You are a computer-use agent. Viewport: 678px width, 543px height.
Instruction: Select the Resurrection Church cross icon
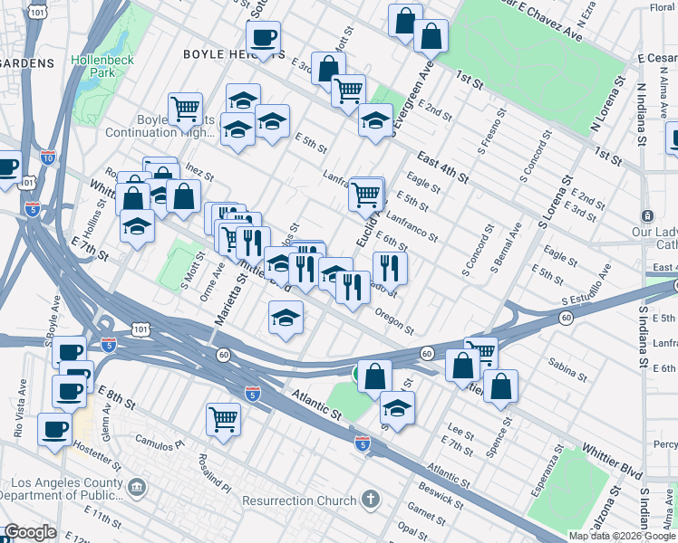(370, 500)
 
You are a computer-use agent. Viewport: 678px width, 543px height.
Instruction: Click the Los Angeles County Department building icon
(136, 488)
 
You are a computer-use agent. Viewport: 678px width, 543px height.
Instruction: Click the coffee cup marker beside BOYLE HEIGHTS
(263, 38)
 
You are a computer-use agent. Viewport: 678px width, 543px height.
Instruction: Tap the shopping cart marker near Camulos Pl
(223, 418)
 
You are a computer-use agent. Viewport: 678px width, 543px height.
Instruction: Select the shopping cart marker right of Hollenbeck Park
(185, 109)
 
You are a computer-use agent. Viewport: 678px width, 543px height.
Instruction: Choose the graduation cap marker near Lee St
(397, 409)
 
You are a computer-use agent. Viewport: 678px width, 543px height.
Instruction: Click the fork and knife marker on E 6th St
(390, 267)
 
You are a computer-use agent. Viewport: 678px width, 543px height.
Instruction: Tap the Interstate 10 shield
(47, 157)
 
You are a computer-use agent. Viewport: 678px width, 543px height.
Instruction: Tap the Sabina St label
(567, 365)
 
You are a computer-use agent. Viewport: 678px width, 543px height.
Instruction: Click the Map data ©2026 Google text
(622, 536)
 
